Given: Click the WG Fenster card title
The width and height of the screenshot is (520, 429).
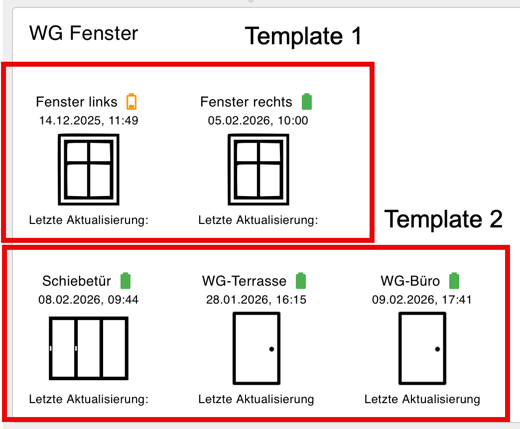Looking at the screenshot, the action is [84, 33].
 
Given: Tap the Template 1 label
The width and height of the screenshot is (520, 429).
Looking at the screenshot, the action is [303, 36].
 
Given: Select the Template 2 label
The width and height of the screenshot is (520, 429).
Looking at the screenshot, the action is [443, 219].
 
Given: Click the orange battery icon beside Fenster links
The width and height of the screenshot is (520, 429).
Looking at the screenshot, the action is [131, 102].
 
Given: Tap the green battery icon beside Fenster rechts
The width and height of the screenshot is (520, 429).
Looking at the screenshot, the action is [307, 102].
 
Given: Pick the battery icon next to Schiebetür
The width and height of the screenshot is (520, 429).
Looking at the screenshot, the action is [126, 281].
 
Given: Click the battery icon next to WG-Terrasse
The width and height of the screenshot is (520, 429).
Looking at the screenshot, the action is [301, 281].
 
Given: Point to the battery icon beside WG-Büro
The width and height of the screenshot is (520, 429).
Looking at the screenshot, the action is [454, 281].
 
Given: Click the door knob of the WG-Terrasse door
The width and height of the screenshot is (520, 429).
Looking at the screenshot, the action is [271, 349].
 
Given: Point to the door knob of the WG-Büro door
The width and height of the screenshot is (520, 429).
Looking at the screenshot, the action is [437, 349].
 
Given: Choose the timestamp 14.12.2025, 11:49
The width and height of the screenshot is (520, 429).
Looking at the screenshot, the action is [89, 120].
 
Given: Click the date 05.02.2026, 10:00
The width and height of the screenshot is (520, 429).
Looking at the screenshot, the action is [258, 120].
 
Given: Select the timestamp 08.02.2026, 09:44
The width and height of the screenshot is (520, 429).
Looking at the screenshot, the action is [89, 300].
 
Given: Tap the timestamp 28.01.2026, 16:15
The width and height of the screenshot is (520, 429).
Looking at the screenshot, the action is [257, 300].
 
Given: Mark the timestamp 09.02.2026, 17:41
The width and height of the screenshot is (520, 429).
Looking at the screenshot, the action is [422, 300].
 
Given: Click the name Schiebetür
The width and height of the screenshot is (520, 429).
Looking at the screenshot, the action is [77, 281].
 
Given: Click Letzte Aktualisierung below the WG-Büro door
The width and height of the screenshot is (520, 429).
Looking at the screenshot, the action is [422, 399].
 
